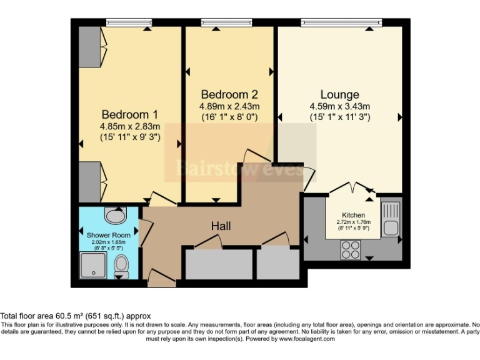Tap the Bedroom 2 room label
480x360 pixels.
(x=229, y=94)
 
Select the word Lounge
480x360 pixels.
(x=339, y=94)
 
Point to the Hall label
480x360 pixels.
(x=221, y=226)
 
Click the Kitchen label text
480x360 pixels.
(x=354, y=215)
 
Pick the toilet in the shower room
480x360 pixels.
(x=121, y=266)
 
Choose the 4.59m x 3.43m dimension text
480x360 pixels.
(x=339, y=106)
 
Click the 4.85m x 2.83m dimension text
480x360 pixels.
(x=129, y=126)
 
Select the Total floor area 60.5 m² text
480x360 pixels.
(x=76, y=316)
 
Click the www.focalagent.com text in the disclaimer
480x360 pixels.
(x=308, y=339)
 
